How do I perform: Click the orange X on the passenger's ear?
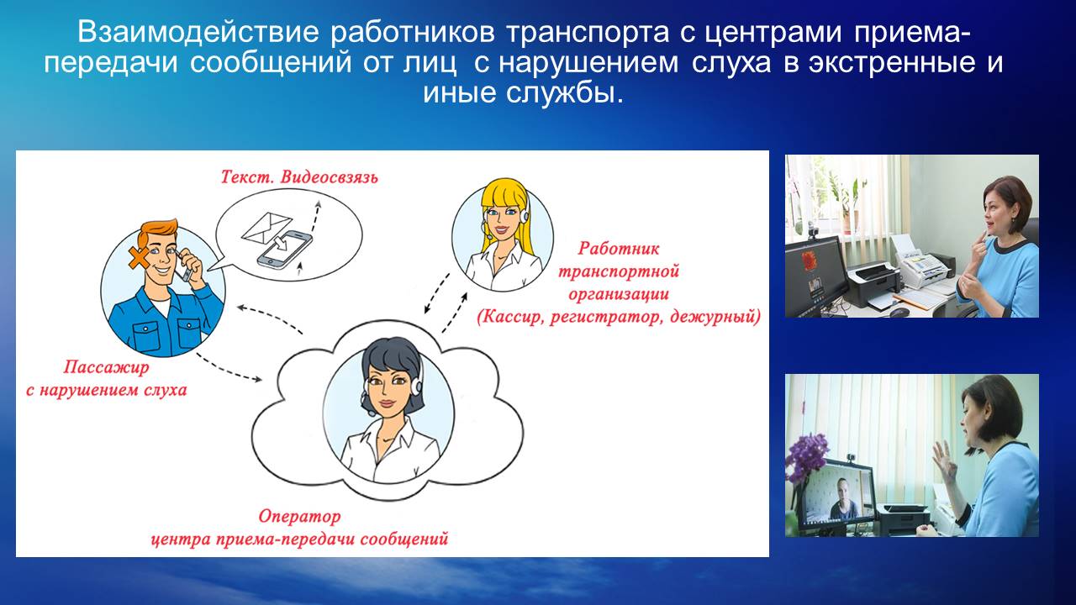tap(139, 258)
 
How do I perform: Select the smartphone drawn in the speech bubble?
tap(284, 250)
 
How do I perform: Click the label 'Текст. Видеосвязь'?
tap(299, 177)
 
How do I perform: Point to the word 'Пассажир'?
tap(106, 367)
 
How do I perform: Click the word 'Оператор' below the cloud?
tap(299, 516)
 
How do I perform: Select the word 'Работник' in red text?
tap(618, 248)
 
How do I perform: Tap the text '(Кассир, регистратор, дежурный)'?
tap(619, 317)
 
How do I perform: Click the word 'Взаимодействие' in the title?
tap(198, 32)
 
